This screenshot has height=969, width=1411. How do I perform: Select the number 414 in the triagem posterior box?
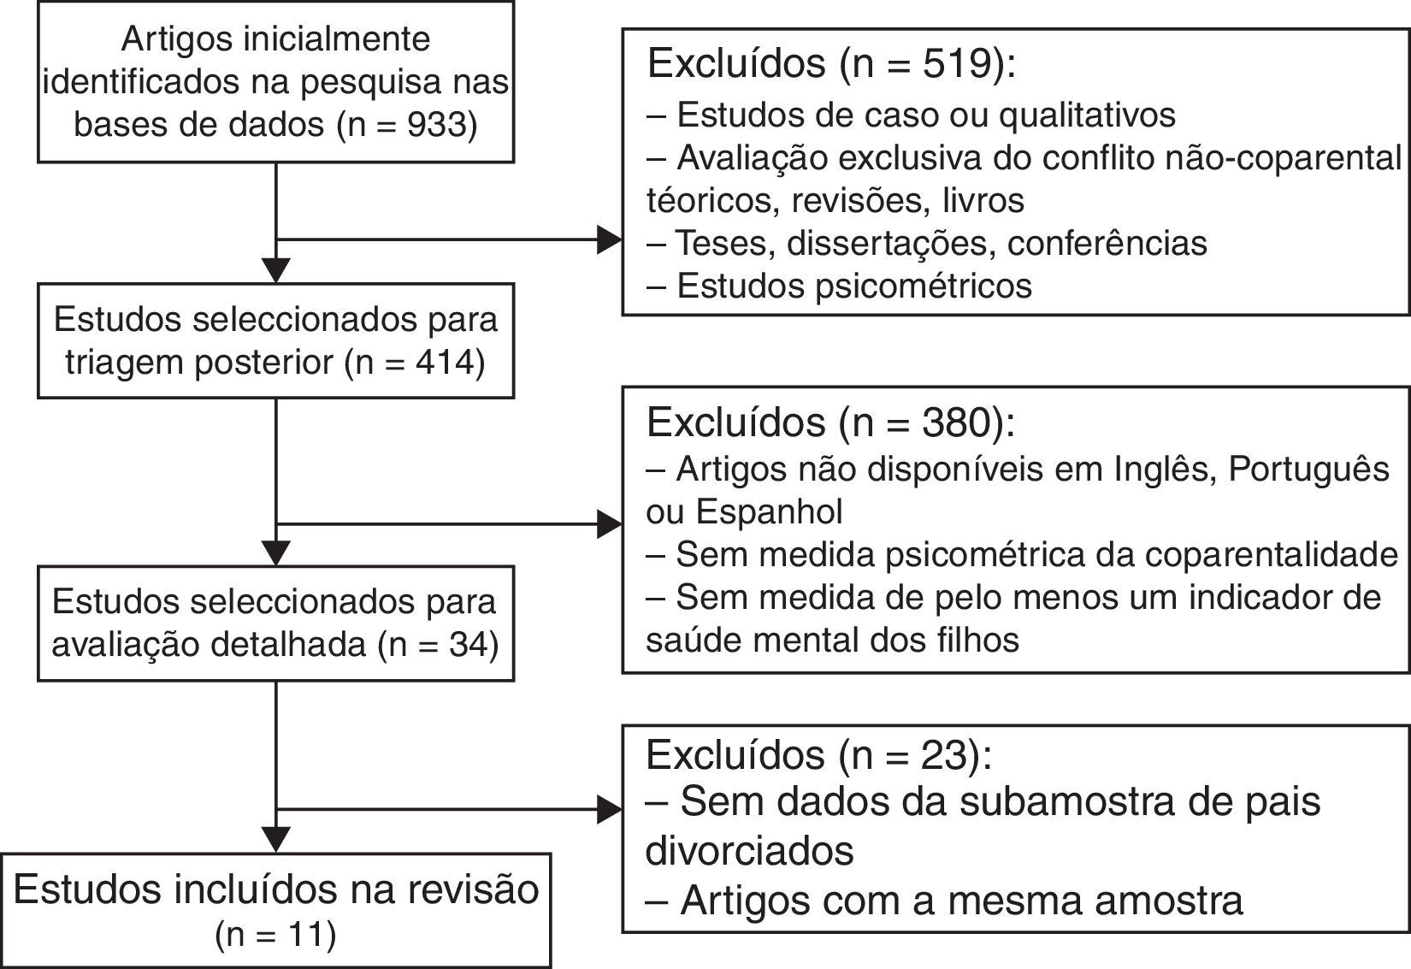(x=445, y=363)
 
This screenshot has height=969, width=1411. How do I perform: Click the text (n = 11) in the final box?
(x=275, y=934)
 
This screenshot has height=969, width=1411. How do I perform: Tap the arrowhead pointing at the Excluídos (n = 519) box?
(x=609, y=240)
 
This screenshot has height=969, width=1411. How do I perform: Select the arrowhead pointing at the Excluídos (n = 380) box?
(x=609, y=524)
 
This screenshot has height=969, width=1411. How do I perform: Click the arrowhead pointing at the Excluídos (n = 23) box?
(x=609, y=809)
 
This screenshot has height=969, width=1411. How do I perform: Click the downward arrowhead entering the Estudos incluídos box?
(x=275, y=839)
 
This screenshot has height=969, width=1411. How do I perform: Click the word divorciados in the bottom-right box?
(x=750, y=851)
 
